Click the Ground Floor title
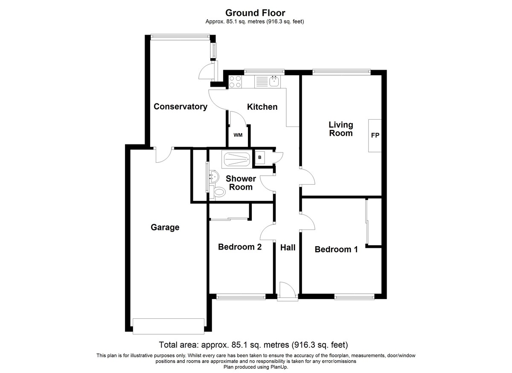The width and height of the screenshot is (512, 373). pos(255,13)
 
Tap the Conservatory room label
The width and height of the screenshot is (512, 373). pos(180,107)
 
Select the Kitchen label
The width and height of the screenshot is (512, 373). pos(262,107)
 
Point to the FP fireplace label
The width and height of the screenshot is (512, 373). pos(375,135)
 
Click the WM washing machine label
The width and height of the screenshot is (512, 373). pos(238,135)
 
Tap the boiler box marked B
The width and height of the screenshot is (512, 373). pos(260,157)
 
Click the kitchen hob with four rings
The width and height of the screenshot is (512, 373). pos(235,82)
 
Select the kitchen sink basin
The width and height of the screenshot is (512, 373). pos(274,82)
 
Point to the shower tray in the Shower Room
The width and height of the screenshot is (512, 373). pos(236,159)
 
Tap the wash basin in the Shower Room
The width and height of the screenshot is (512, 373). pos(214,177)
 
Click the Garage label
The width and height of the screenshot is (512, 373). pos(165,227)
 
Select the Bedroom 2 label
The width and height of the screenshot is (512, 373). pos(240,247)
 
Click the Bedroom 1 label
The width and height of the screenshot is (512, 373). pos(336,249)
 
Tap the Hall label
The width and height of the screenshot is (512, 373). pos(288,247)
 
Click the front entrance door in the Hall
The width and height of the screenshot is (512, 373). pos(288,291)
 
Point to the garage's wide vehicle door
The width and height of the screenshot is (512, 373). pos(169,326)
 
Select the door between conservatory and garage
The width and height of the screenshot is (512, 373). pos(164,155)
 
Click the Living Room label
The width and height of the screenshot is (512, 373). pos(341,129)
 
